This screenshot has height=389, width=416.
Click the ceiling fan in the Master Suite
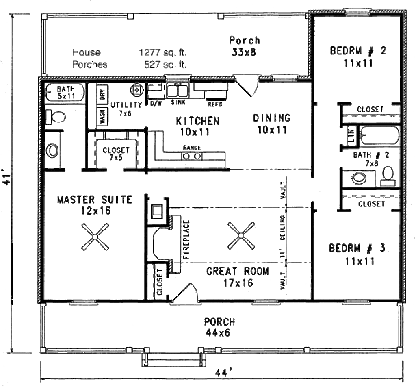[95, 237]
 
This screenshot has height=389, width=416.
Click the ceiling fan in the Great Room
[241, 235]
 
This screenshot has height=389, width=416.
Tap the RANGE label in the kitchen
[191, 148]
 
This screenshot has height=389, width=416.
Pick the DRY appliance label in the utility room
[102, 94]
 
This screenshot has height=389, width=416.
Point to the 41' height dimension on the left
[6, 178]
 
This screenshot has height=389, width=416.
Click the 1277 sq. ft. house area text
[162, 52]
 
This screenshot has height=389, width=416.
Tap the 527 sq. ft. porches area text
[165, 64]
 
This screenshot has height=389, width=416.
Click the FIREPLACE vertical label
[186, 240]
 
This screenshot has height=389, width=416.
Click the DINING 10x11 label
[272, 124]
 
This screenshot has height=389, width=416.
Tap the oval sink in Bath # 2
[359, 178]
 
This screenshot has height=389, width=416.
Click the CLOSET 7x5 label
[116, 153]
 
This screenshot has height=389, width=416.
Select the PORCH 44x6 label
[219, 327]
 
